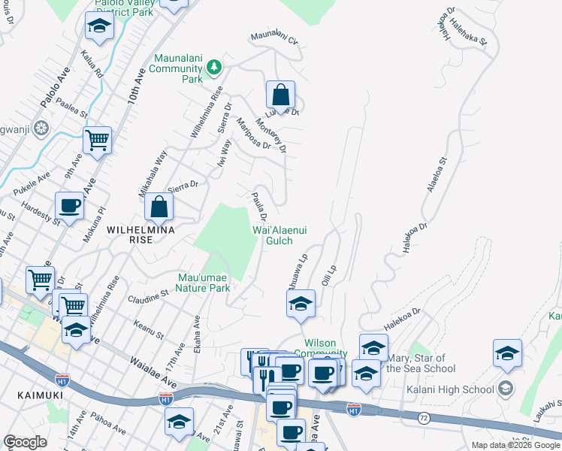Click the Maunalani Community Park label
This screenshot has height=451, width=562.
coord(178,68)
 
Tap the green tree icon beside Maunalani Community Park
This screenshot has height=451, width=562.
coord(214,67)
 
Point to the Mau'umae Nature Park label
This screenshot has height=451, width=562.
coord(203,282)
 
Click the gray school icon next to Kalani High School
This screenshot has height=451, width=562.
coord(505,389)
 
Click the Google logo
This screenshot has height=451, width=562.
coord(26,442)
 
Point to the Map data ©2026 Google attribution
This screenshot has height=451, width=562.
coord(515,445)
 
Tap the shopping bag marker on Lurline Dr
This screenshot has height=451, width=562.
coord(280,95)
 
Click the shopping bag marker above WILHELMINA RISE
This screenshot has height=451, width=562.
coord(159,206)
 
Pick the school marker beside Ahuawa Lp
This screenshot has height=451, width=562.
coord(301,304)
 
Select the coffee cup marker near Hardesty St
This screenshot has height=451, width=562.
coord(70,205)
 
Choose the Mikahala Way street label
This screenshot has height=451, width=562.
coord(152,174)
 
